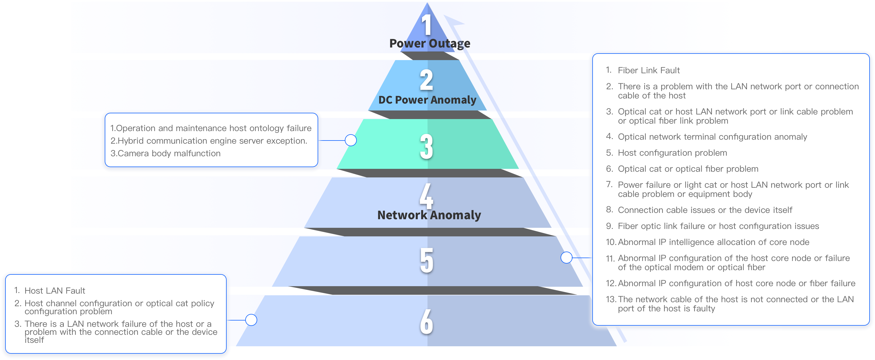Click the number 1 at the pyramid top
coord(426,24)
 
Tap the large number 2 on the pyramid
coord(427,80)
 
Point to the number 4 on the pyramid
coord(426,196)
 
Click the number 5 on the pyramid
coord(427,260)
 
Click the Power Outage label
coord(430,43)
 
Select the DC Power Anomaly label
coord(427,100)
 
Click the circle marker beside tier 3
coord(351,140)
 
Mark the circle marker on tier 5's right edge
coord(566,258)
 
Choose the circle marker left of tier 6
coord(251,320)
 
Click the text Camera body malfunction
coord(165,153)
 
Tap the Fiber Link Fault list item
coord(648,70)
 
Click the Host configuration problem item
coord(672,153)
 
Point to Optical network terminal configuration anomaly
coord(712,137)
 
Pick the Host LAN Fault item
coord(55,291)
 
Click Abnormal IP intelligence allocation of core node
coord(713,242)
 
